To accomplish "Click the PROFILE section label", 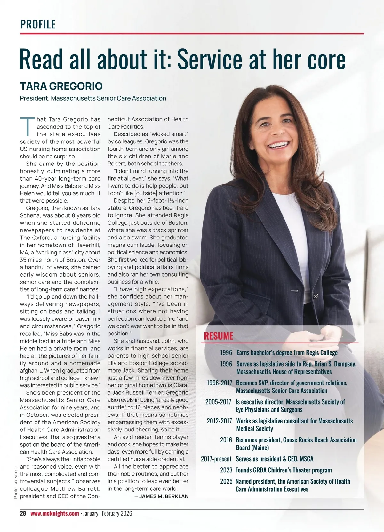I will pos(38,24).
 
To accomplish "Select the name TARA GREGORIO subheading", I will pos(61,86).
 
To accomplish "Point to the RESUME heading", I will pos(219,336).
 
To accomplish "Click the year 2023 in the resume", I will pos(226,470).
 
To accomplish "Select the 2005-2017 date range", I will pos(218,402).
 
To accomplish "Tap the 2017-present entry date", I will pos(216,459).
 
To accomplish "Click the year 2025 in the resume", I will pos(226,481).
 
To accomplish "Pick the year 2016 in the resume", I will pos(226,440).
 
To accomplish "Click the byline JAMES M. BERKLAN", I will pos(164,496).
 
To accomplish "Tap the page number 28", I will pos(23,513).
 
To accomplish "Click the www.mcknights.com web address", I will pos(55,513).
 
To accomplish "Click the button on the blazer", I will pos(316,295).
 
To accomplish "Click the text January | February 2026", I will pos(108,513).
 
